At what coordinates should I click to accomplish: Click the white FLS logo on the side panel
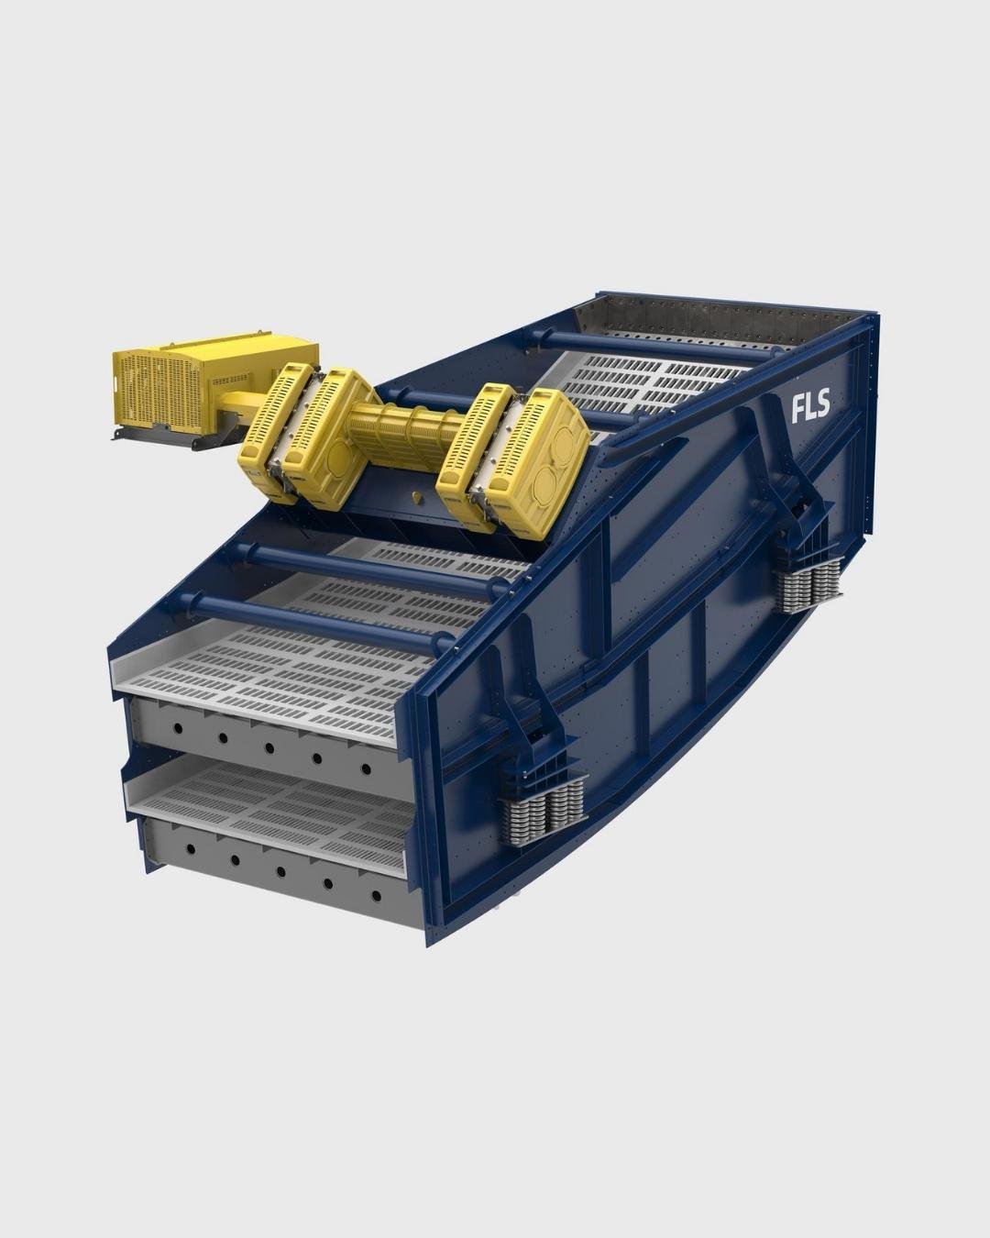coord(810,406)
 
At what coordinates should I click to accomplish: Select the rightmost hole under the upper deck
coord(366,769)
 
